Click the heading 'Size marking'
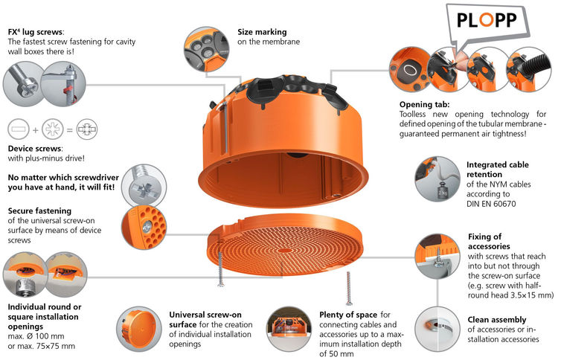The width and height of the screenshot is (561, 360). [262, 32]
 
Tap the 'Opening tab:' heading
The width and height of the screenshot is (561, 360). [424, 104]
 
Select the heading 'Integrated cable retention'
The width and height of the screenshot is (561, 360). [497, 170]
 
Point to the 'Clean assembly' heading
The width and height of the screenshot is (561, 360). [496, 320]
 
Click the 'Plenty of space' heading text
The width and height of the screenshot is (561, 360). [348, 315]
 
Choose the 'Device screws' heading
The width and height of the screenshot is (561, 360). [35, 148]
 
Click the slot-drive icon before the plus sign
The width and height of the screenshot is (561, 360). [19, 129]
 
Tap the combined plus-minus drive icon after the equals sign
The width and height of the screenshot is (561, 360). [86, 129]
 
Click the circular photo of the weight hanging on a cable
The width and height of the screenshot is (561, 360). [437, 179]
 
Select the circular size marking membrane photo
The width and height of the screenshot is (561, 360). [206, 49]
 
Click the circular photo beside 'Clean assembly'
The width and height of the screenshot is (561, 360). [437, 329]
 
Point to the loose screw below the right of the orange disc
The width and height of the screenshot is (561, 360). [349, 289]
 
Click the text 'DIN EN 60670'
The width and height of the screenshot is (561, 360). [491, 204]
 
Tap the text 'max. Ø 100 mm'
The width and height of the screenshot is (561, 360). [36, 336]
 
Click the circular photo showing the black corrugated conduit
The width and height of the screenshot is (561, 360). [529, 69]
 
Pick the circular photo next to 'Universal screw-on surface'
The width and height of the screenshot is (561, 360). [139, 329]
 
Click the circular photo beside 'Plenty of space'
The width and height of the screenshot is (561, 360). [289, 329]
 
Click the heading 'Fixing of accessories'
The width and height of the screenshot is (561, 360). [489, 241]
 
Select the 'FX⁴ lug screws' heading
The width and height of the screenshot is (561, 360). [36, 32]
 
